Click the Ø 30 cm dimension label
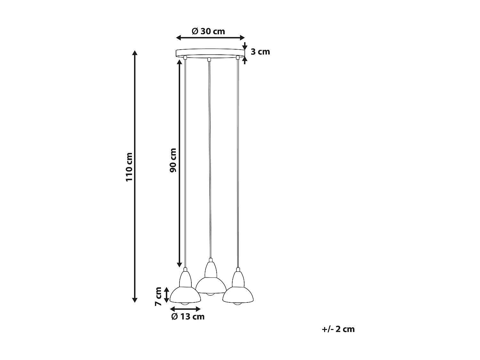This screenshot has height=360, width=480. pos(208,31)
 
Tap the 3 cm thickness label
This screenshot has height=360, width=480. pos(260,52)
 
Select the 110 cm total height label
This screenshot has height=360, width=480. pos(129,167)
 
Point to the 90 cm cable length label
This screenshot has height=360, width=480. pos(173,160)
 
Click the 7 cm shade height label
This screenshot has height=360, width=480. pos(158,296)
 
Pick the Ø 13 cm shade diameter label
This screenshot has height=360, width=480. pos(188,317)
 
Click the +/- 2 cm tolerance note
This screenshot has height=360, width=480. pos(339,329)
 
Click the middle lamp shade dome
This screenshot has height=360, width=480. pos(211,286)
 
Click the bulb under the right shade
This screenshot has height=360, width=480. pos(237,303)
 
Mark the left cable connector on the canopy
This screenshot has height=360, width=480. pos(185,58)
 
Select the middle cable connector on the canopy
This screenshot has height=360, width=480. pos(209,59)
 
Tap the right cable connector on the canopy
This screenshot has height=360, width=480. pos(237,58)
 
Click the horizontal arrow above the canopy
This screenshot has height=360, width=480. pos(210,38)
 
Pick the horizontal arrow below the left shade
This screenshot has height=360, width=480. pos(185,309)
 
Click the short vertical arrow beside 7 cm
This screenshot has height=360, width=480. pos(166,295)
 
